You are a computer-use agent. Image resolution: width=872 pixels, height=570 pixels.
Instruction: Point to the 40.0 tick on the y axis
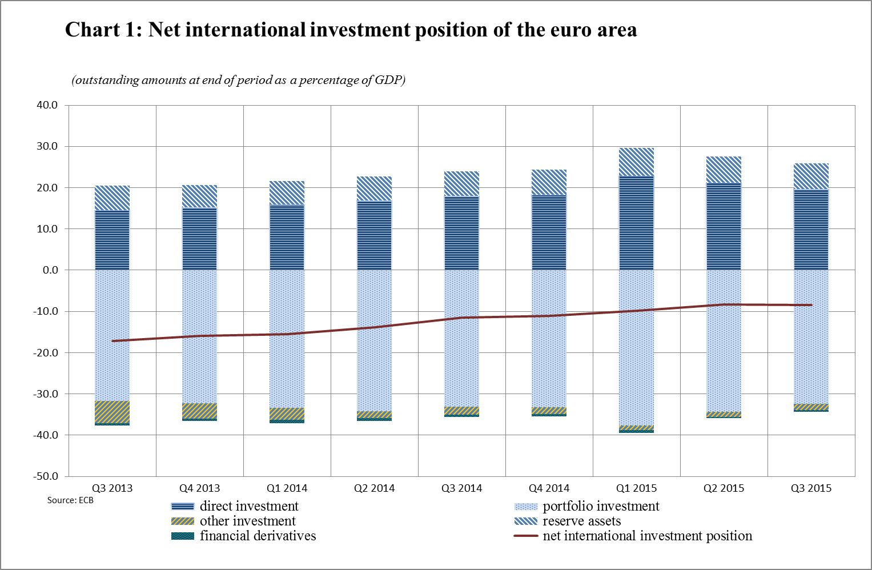coord(47,105)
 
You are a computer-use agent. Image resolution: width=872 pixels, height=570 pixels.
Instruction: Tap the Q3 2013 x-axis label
coord(112,488)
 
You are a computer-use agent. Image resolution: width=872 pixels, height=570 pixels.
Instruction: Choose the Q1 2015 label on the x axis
coord(636,488)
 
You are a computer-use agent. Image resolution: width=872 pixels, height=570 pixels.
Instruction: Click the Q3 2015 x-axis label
coord(811,488)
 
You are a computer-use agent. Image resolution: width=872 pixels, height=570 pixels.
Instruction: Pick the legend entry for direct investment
coord(249,507)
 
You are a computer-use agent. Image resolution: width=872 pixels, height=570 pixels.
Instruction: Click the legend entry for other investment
coord(247,521)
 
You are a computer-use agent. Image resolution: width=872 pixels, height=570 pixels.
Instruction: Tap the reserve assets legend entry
coord(581,521)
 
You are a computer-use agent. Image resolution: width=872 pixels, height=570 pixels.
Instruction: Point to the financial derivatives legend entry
coord(258,536)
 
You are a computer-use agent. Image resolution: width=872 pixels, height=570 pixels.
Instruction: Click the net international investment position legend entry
coord(647,536)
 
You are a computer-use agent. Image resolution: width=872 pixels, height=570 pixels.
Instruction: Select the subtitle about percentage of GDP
coord(238,81)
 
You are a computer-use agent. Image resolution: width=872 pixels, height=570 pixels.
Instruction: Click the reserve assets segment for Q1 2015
coord(637,162)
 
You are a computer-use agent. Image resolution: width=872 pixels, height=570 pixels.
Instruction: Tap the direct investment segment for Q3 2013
coord(112,240)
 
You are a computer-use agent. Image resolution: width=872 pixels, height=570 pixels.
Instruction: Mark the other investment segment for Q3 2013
coord(112,412)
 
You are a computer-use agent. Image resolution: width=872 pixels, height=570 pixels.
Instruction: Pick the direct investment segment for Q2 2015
coord(724,227)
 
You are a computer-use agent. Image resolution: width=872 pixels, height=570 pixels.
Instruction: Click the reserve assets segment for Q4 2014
coord(549,183)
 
